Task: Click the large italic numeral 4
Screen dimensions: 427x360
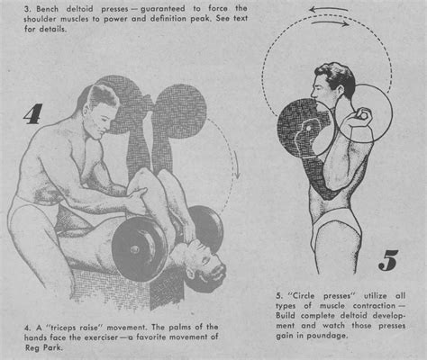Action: click(33, 114)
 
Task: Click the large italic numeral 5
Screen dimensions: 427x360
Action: click(388, 260)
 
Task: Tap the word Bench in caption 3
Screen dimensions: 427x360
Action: click(47, 9)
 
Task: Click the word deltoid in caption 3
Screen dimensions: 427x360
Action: click(79, 9)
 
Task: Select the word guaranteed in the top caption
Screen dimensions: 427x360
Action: click(163, 9)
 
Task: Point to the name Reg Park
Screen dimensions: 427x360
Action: click(44, 347)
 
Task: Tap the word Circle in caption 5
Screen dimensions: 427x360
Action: click(304, 296)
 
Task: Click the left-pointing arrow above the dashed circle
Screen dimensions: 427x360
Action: click(328, 10)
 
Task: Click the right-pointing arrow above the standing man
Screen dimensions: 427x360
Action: click(331, 23)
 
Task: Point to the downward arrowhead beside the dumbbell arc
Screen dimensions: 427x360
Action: click(237, 174)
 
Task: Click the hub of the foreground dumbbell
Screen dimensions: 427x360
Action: click(134, 249)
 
